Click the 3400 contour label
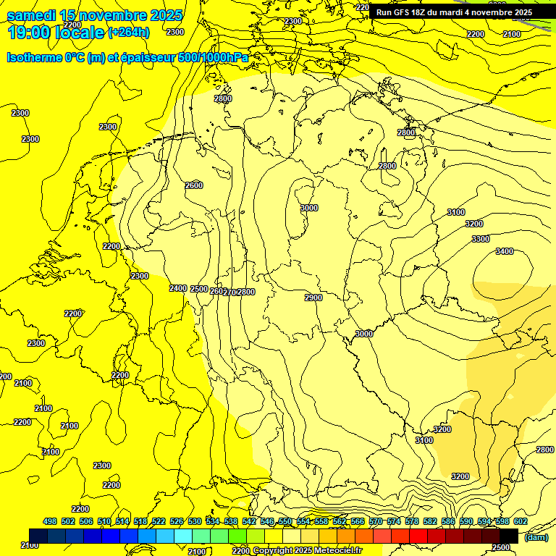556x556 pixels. [x=505, y=251]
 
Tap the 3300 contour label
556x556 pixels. [x=480, y=239]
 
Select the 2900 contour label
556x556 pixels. [x=313, y=298]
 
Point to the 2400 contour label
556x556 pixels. [x=178, y=288]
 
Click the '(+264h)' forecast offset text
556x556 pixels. [x=128, y=33]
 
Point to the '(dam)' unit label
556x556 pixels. [x=535, y=536]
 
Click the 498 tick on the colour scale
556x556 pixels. [x=50, y=521]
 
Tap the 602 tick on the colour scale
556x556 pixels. [x=521, y=521]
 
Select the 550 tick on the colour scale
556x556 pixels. [x=285, y=521]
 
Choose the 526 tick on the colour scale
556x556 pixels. [x=177, y=521]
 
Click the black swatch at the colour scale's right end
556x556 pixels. [x=508, y=536]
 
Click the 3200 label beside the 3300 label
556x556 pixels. [x=474, y=224]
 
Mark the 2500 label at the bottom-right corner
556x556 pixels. [x=501, y=548]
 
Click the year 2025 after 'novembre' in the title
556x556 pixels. [x=161, y=15]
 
